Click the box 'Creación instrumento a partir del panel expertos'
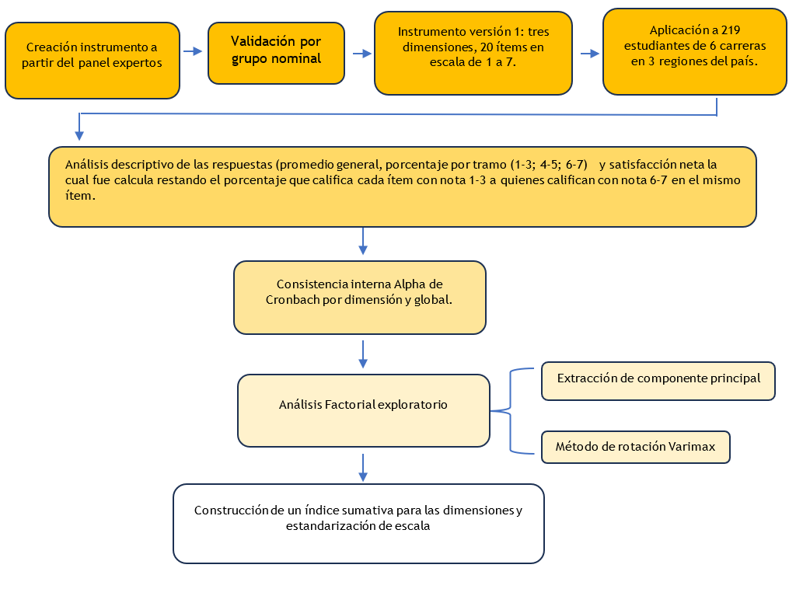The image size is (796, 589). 93,61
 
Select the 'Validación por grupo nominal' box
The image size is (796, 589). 276,53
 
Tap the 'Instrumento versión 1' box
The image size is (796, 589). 473,54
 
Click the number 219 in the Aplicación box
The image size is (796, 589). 731,30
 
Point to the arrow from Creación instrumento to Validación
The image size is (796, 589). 193,51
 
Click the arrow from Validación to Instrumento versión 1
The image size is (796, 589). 362,54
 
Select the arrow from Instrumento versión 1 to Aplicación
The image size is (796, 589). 590,54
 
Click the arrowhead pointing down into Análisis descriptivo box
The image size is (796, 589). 79,134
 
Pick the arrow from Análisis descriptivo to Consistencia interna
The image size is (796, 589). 363,241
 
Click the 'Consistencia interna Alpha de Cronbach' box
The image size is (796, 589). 360,298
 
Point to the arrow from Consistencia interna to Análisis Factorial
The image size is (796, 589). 363,354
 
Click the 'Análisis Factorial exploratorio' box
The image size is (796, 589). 364,410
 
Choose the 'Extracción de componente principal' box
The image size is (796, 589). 658,381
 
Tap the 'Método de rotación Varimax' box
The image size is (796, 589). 636,447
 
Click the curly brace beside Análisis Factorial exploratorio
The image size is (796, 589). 510,410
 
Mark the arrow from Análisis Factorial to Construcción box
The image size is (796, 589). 363,468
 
